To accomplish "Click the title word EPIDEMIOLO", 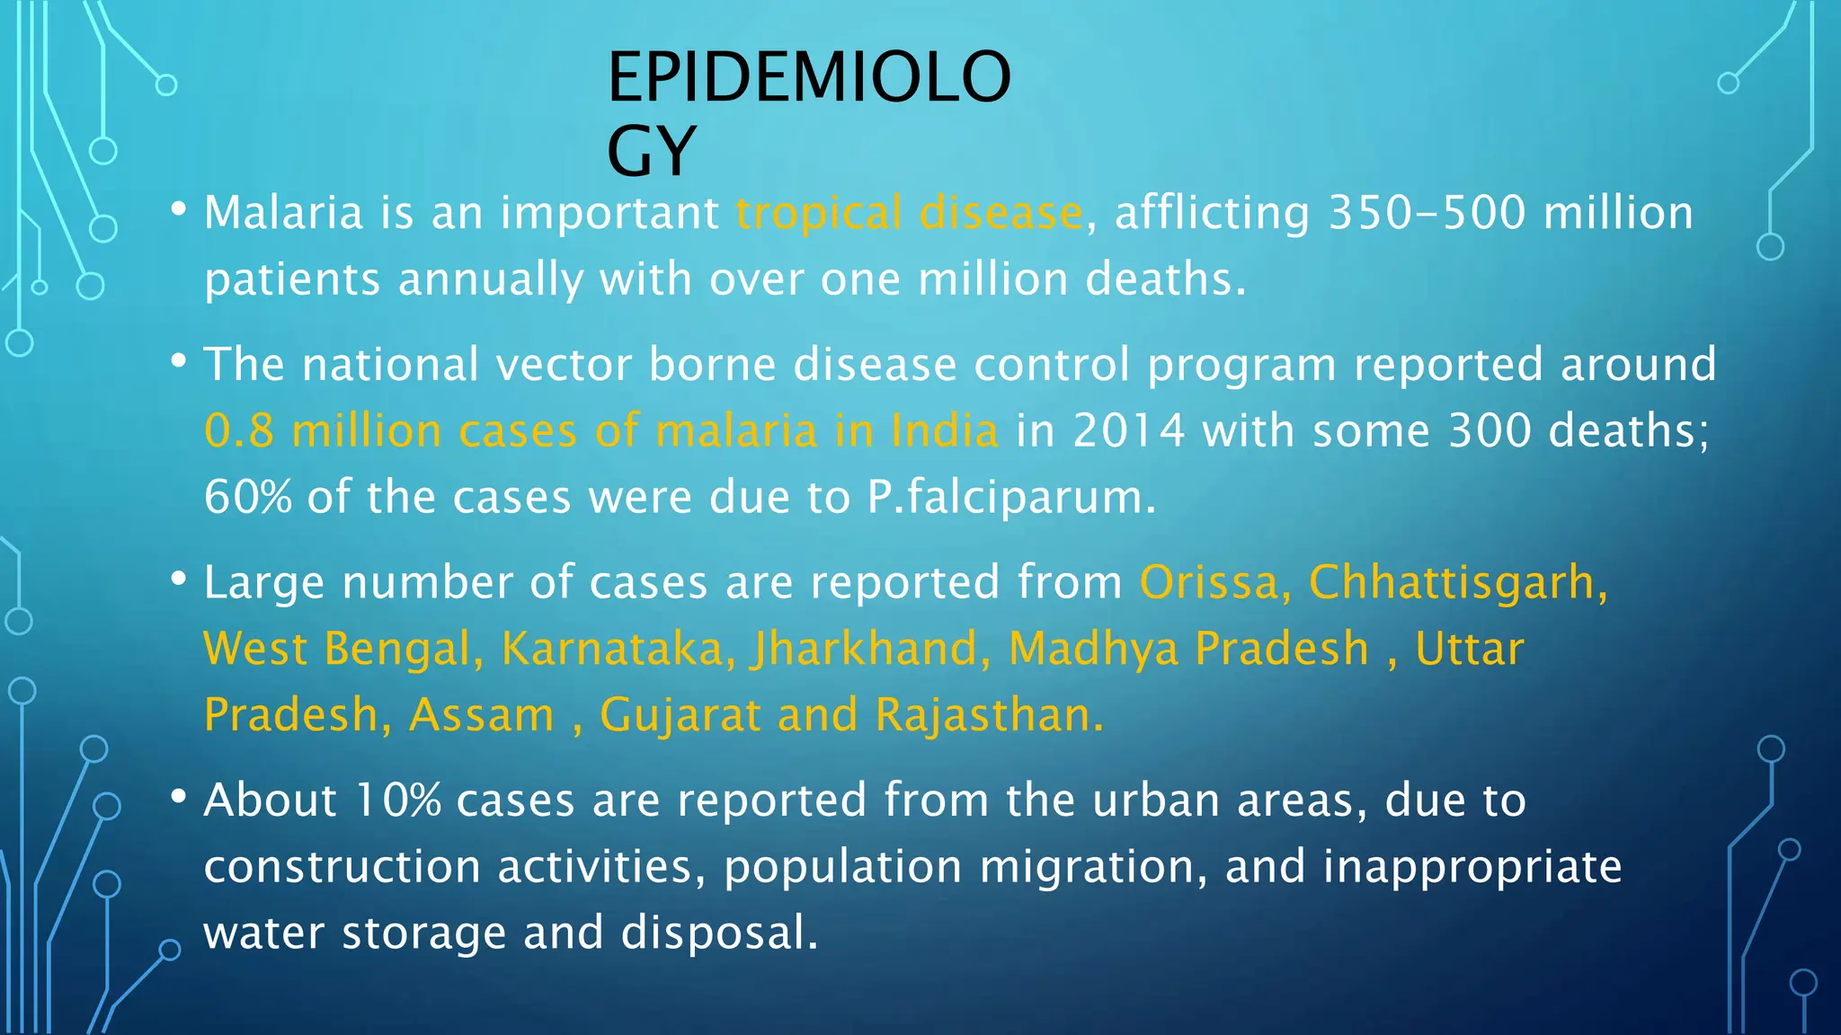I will tap(809, 78).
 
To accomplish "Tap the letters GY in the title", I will tap(652, 151).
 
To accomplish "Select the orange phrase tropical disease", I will tap(909, 214).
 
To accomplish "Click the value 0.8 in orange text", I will tap(238, 430).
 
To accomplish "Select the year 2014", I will tap(1129, 430).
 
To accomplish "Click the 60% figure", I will tap(247, 497).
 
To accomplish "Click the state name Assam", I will tap(482, 715).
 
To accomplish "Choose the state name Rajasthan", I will tap(988, 715).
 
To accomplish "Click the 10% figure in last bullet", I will tap(397, 801).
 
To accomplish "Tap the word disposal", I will tap(719, 933).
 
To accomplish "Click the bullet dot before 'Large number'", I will tap(178, 579).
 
